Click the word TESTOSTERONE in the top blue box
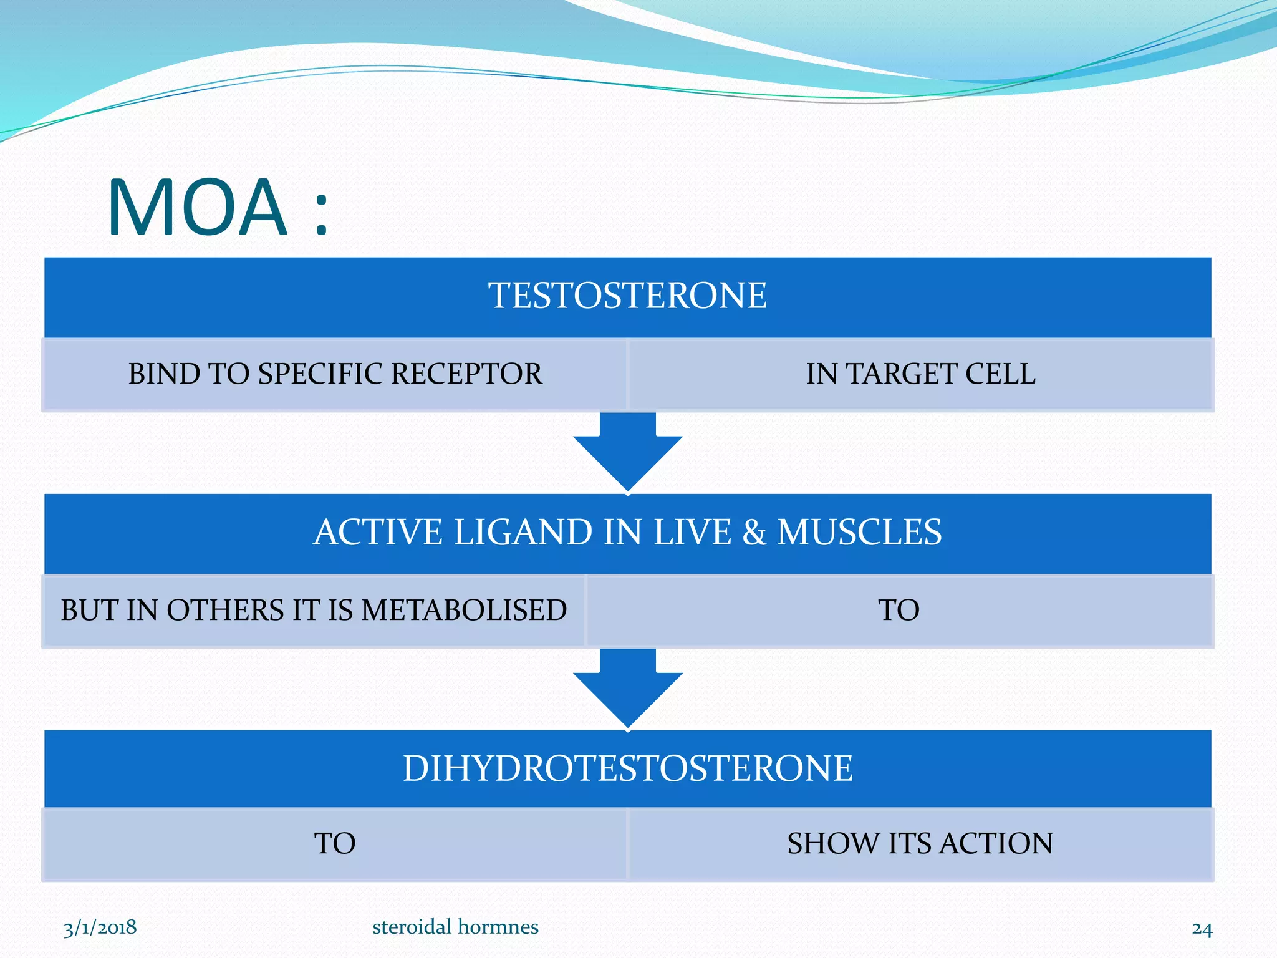coord(627,296)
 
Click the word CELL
coord(1000,374)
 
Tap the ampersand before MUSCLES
coord(754,533)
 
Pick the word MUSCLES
coord(859,533)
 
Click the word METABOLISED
coord(464,610)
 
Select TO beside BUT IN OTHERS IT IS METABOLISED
coord(899,610)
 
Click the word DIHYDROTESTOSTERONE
coord(627,768)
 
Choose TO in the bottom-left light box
coord(335,844)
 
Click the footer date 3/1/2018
coord(100,927)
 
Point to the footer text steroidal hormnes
coord(455,927)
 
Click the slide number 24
coord(1202,929)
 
